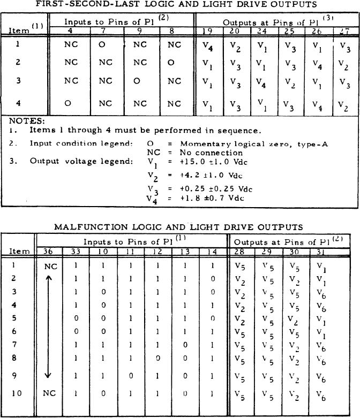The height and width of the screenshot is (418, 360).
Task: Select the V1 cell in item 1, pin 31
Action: click(320, 265)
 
